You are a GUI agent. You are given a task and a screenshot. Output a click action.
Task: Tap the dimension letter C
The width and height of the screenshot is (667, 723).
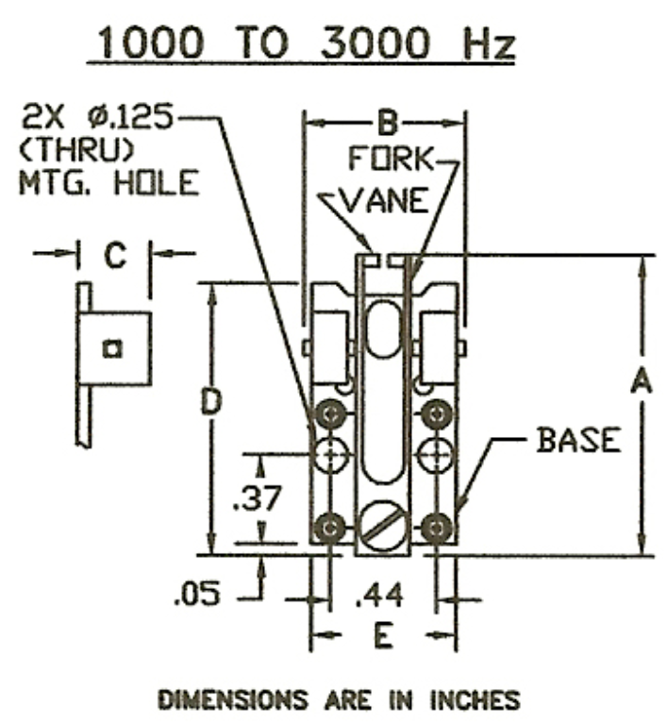(115, 257)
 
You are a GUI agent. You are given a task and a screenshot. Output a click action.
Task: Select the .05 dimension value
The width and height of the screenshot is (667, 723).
(196, 595)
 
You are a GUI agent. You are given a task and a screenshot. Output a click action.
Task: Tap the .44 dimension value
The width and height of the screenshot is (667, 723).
(382, 595)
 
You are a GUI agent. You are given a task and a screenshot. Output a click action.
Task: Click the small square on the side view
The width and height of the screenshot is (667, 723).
(112, 349)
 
